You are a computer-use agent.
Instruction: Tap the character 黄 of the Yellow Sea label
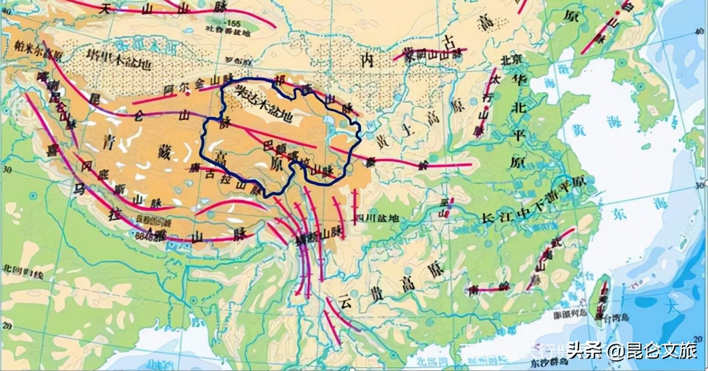(x=579, y=130)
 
